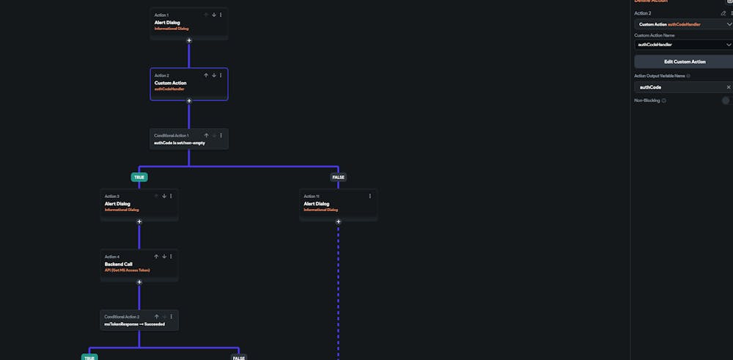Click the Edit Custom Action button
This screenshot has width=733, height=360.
click(x=685, y=62)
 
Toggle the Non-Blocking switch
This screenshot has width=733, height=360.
click(x=726, y=100)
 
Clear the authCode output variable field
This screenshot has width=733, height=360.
click(x=728, y=87)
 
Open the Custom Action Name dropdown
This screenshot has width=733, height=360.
click(x=684, y=45)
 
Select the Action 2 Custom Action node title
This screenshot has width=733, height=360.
click(x=170, y=83)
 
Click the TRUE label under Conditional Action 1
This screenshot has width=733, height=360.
click(x=139, y=177)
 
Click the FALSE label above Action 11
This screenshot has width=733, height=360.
click(x=338, y=177)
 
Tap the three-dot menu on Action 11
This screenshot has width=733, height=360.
click(x=369, y=196)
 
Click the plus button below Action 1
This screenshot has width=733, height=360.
click(x=189, y=40)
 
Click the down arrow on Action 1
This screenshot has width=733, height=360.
click(x=213, y=15)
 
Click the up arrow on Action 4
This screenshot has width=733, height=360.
click(x=156, y=257)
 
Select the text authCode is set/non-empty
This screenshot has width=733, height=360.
click(x=180, y=143)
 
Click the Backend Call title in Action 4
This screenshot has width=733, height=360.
click(x=119, y=264)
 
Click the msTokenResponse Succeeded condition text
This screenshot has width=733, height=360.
click(x=135, y=323)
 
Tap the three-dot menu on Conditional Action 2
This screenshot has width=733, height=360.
click(x=171, y=317)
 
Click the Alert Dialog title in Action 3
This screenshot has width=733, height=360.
click(x=119, y=204)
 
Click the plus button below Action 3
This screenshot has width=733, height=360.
click(x=139, y=221)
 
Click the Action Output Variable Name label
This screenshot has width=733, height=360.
click(x=660, y=76)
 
